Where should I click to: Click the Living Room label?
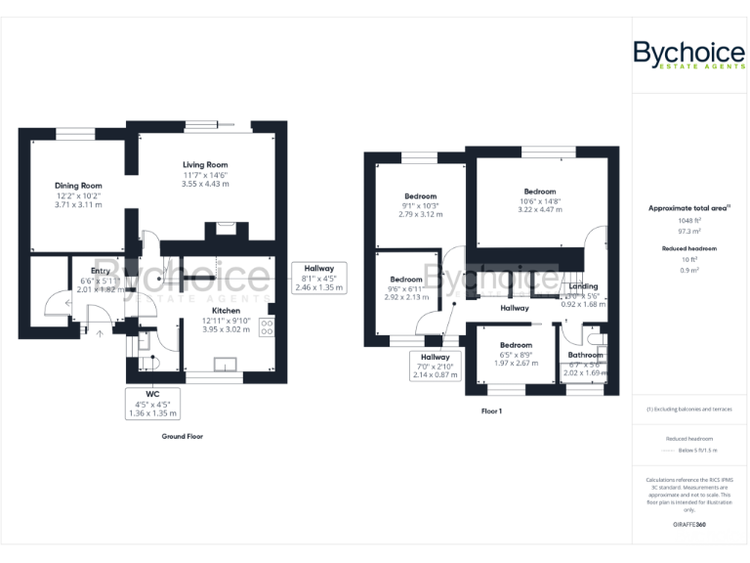point(205,165)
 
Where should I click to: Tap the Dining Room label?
point(78,186)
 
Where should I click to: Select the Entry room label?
point(101,272)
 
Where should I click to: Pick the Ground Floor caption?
point(182,436)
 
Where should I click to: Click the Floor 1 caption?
point(490,411)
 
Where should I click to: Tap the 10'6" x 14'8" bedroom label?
point(539,192)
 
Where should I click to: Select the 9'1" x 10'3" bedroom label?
point(420,196)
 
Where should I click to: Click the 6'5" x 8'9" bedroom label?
point(516,345)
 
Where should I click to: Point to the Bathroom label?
point(585,355)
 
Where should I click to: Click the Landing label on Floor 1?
point(584,287)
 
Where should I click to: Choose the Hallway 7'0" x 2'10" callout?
point(436,366)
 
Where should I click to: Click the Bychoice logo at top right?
point(688,54)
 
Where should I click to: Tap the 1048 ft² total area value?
point(688,221)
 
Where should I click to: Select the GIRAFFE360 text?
point(688,526)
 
